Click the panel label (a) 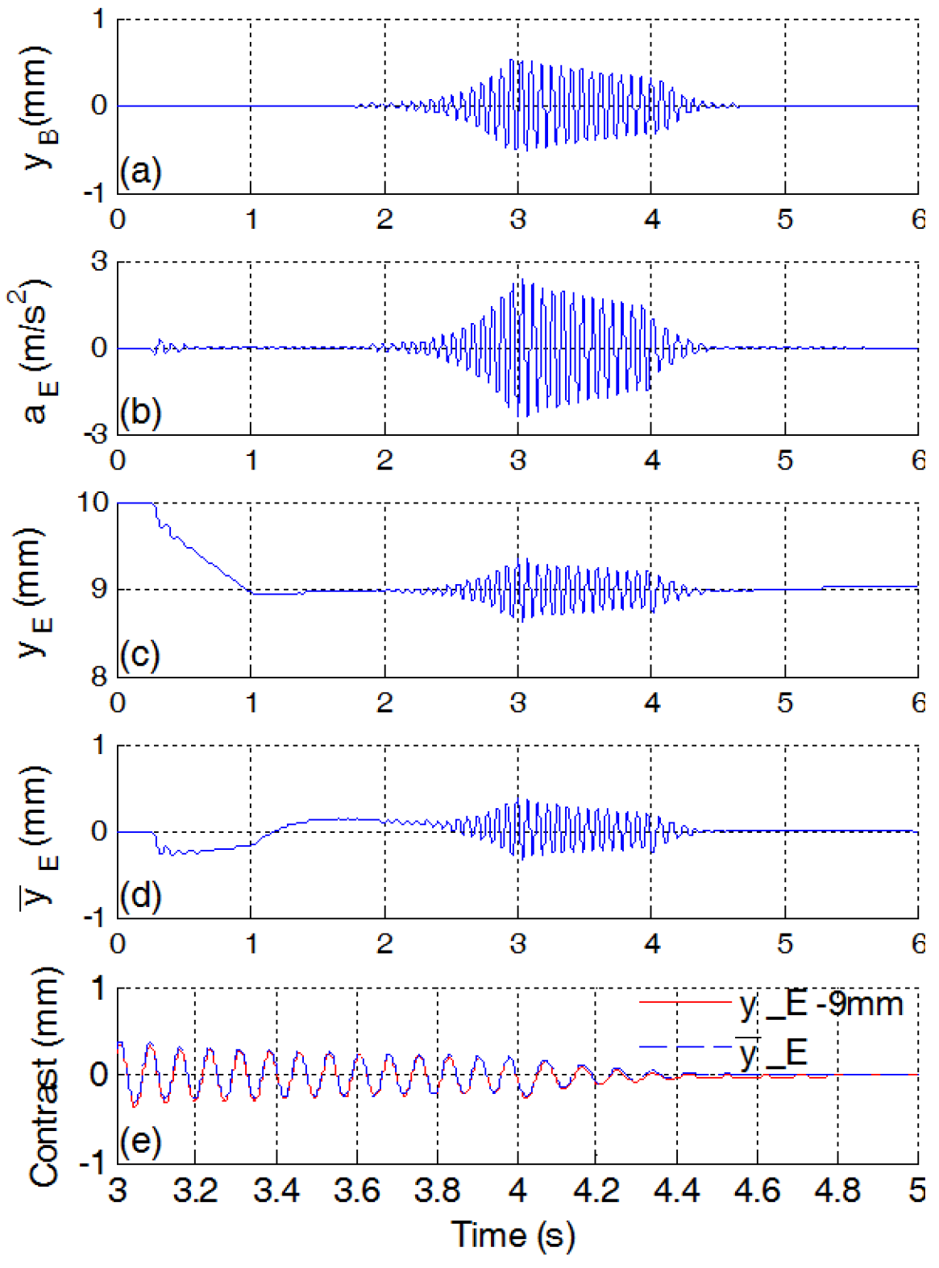pyautogui.click(x=140, y=172)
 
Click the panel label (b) pyautogui.click(x=140, y=412)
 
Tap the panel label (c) pyautogui.click(x=140, y=654)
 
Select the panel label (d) pyautogui.click(x=140, y=895)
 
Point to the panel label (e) pyautogui.click(x=140, y=1141)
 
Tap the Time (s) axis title pyautogui.click(x=513, y=1235)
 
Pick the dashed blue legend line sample pyautogui.click(x=685, y=1047)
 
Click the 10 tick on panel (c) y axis pyautogui.click(x=93, y=503)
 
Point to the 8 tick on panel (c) pyautogui.click(x=98, y=677)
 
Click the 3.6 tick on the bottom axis pyautogui.click(x=356, y=1190)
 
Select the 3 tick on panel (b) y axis pyautogui.click(x=98, y=261)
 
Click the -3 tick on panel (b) pyautogui.click(x=94, y=435)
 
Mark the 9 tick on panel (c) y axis pyautogui.click(x=98, y=590)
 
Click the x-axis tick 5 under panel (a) pyautogui.click(x=784, y=219)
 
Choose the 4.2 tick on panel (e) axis pyautogui.click(x=596, y=1190)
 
